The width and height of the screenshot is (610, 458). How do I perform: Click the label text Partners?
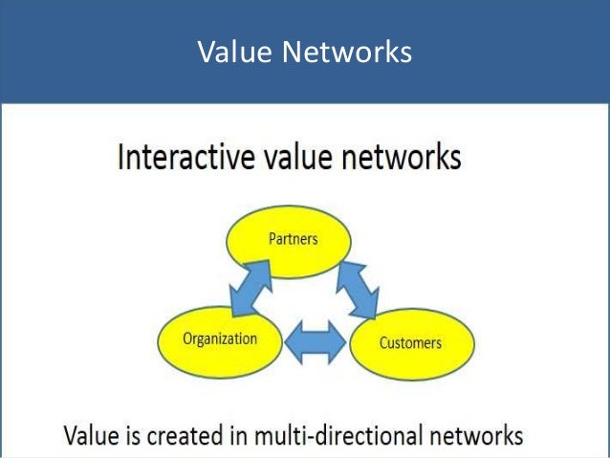tap(292, 239)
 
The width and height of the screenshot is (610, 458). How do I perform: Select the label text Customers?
tap(409, 341)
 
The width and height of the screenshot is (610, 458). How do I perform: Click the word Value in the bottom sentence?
tap(91, 435)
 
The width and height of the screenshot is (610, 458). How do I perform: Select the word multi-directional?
tap(338, 435)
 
